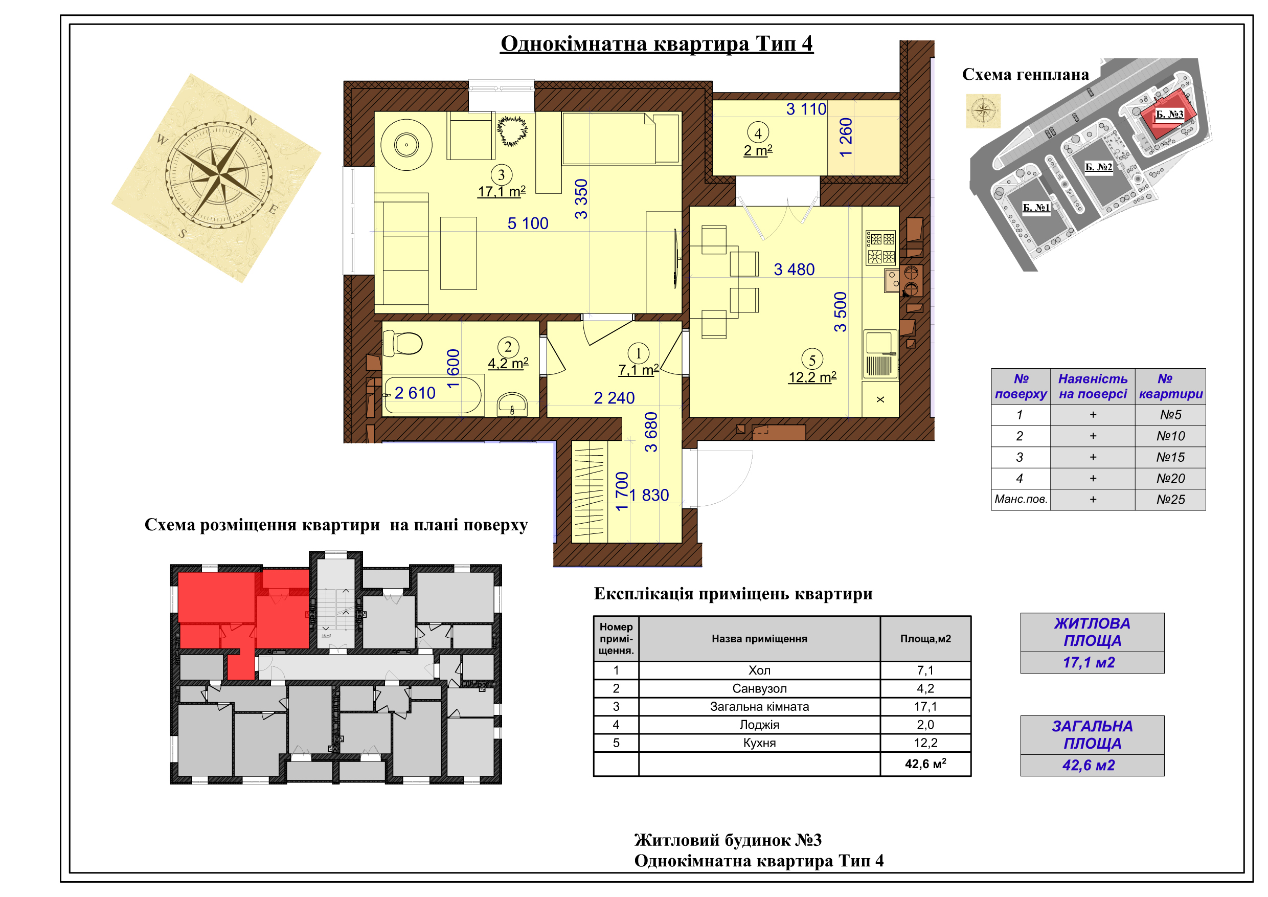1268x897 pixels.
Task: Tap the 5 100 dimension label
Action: pos(528,223)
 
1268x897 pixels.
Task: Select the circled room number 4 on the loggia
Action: pos(758,133)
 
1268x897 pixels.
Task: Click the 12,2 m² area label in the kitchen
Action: pos(812,377)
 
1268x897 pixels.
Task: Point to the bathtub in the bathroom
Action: pos(433,395)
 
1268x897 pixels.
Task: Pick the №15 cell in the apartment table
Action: pos(1170,457)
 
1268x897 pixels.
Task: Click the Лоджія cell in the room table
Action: pos(759,725)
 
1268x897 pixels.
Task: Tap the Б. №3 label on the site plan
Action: pos(1170,115)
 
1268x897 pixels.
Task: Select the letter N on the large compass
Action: pos(251,120)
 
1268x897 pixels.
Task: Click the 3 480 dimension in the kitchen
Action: pos(794,270)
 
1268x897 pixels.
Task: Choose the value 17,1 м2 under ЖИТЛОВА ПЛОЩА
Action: pos(1089,663)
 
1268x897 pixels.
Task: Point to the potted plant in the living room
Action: pos(511,131)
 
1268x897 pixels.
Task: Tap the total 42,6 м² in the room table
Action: pos(925,764)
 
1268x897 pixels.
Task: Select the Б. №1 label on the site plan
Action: pos(1036,208)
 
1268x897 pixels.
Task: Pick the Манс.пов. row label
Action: pos(1021,499)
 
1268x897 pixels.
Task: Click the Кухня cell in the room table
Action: pos(759,743)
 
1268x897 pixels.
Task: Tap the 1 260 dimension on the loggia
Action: pos(846,138)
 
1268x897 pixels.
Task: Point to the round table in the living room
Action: pos(406,145)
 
